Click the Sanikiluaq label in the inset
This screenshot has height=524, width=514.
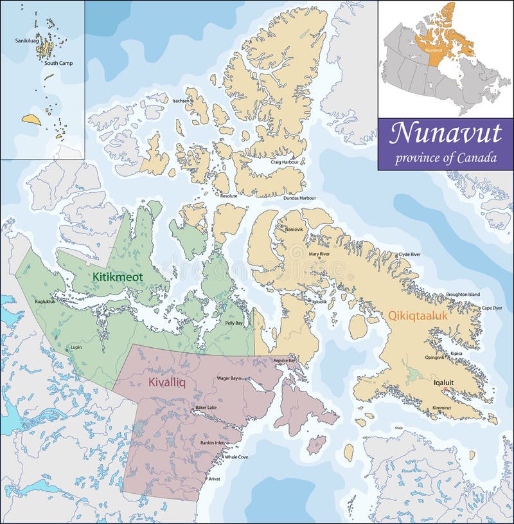[27, 41]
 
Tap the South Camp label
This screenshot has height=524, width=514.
[58, 62]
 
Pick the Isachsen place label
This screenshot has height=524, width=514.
[181, 101]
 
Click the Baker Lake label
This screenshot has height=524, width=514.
[206, 408]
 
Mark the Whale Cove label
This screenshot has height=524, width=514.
[236, 456]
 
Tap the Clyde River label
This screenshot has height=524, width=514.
[409, 255]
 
